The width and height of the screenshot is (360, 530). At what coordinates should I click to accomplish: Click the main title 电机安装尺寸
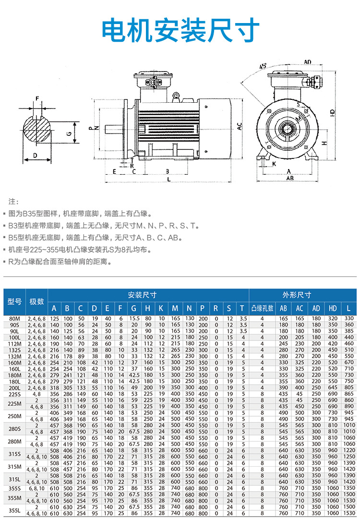coord(180,30)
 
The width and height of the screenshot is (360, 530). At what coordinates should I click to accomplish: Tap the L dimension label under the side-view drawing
coord(168,179)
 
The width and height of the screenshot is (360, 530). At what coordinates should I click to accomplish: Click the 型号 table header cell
coord(14,301)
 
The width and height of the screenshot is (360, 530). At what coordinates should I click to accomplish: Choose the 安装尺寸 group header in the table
coord(148,295)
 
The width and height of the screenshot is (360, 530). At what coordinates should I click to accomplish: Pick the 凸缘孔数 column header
coord(262,308)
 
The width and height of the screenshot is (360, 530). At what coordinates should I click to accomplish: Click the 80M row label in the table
coord(14,318)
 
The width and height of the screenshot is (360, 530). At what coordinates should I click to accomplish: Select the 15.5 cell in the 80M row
coord(134,318)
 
